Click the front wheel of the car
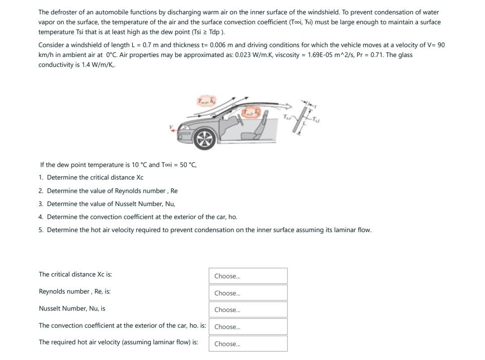coord(204,139)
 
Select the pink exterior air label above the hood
coord(206,101)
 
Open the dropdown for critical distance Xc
coord(248,276)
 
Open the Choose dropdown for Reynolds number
coord(248,293)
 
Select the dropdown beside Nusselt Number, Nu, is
coord(248,310)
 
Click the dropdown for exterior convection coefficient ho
coord(248,327)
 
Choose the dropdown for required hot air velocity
coord(248,344)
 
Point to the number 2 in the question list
coord(41,191)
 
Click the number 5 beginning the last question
coord(41,230)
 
